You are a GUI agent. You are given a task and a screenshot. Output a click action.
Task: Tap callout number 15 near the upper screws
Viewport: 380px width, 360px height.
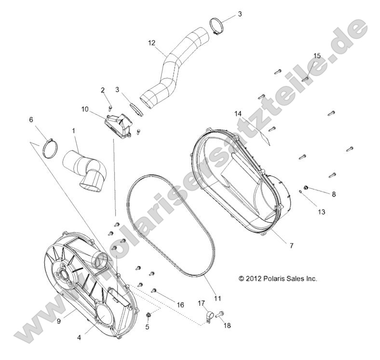pyautogui.click(x=316, y=56)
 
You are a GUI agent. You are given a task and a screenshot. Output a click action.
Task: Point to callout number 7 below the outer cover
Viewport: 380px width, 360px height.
pyautogui.click(x=291, y=245)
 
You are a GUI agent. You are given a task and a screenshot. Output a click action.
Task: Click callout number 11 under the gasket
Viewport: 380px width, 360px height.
pyautogui.click(x=217, y=296)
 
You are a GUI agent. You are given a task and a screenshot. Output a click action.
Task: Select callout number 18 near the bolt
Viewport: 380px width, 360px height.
pyautogui.click(x=227, y=325)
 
